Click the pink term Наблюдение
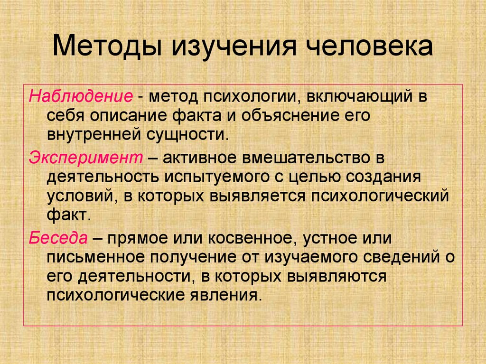tap(80, 97)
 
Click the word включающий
tap(356, 97)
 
